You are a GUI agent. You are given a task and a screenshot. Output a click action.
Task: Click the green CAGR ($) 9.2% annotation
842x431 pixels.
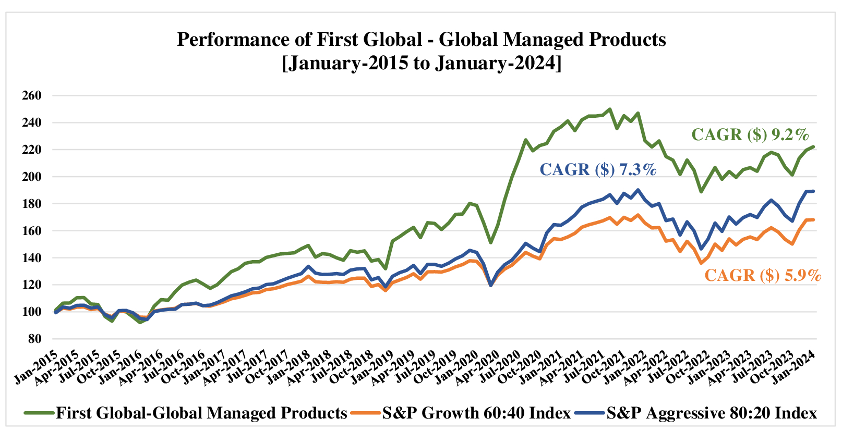coord(750,134)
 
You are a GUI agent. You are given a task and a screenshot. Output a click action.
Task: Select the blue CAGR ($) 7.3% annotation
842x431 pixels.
coord(597,169)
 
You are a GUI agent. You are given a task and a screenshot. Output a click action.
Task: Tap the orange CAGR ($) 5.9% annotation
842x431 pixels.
coord(763,275)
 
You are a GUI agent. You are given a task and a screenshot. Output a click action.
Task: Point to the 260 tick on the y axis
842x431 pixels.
coord(31,95)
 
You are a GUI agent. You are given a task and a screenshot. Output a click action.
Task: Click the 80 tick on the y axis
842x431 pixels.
coord(34,339)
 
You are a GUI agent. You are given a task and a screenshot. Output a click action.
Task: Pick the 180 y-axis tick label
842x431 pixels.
coord(31,204)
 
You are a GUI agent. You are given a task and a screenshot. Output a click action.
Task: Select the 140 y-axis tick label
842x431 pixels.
coord(31,258)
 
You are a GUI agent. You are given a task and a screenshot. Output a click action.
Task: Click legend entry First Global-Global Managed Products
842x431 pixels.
coord(201,413)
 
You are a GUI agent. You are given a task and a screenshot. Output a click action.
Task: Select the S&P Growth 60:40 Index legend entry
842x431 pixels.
coord(476,413)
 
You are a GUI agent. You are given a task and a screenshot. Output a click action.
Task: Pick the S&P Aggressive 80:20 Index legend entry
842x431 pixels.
coord(711,413)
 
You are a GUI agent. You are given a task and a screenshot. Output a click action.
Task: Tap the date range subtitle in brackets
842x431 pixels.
coord(422,63)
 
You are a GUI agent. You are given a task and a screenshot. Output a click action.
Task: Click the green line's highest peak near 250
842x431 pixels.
coord(610,109)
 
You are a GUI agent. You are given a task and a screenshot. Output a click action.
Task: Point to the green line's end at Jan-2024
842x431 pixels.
coord(813,147)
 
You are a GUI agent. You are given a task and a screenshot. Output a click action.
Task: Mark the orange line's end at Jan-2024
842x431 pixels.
coord(813,219)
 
